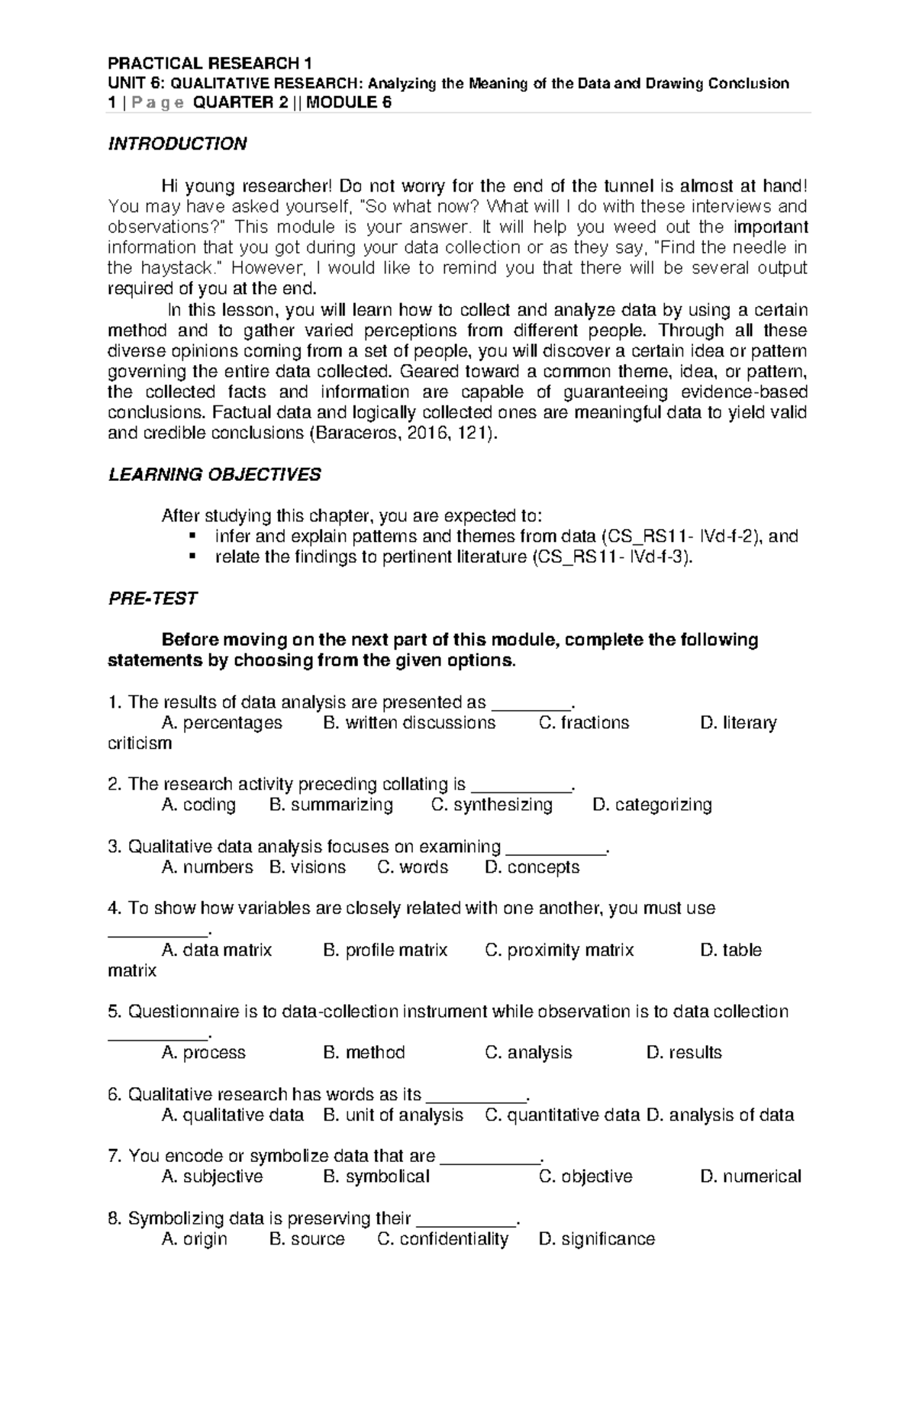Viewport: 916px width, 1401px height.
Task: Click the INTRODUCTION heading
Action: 177,144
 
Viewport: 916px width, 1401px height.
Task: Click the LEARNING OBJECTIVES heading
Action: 214,475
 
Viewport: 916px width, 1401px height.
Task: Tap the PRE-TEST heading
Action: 153,599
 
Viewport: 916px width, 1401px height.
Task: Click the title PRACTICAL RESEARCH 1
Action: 210,63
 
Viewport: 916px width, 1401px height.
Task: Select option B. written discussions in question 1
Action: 409,723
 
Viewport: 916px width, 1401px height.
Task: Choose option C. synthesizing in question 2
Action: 492,805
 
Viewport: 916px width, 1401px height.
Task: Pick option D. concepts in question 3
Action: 532,867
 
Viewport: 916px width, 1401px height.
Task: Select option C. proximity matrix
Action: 559,951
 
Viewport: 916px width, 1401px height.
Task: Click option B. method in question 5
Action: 364,1053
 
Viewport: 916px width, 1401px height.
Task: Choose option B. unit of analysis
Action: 393,1115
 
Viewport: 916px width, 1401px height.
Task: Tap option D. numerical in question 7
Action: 750,1177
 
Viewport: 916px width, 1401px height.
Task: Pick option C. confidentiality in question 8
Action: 443,1239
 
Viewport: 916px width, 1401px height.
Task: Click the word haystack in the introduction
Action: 176,269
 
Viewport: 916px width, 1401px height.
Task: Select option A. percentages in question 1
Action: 222,723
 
